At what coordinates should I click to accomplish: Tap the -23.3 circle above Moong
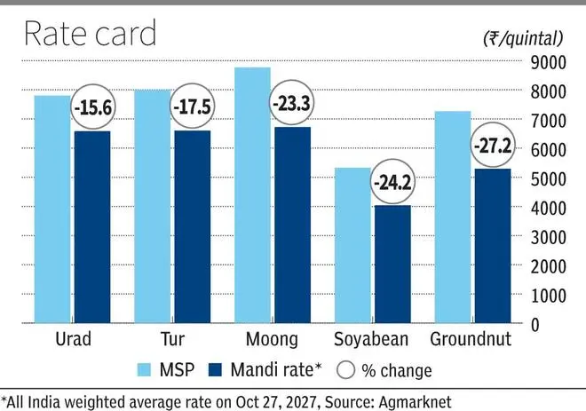(291, 103)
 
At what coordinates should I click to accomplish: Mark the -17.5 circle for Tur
(192, 107)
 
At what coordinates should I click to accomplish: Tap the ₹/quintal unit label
(523, 38)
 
